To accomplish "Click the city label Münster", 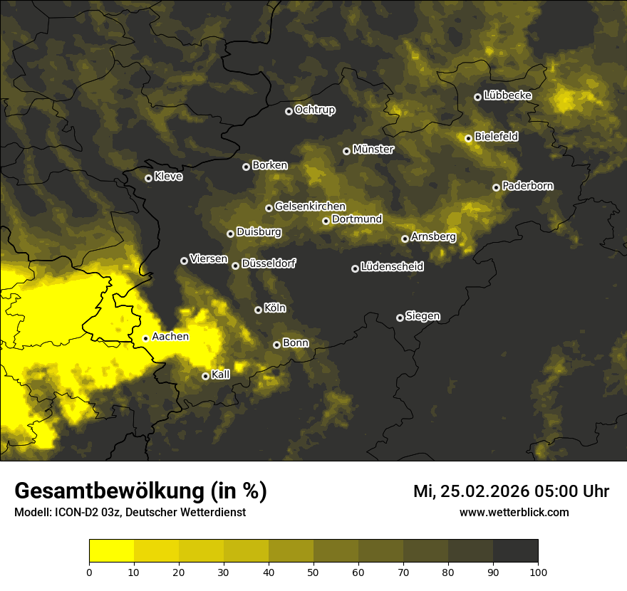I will [x=373, y=150].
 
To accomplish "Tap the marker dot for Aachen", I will [x=145, y=338].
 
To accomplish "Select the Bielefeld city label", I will [x=496, y=136].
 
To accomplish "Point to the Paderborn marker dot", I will [x=496, y=187].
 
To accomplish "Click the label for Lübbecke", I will [x=507, y=95].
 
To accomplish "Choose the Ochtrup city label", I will [x=314, y=110].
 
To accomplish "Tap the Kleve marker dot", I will [x=148, y=178].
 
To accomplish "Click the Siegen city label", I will [x=423, y=316].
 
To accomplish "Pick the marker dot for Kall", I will [x=205, y=376].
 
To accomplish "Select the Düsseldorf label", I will [x=269, y=263].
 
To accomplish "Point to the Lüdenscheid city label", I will [x=392, y=267].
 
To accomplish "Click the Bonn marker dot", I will [x=276, y=345].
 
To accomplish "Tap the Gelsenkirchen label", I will [x=310, y=206].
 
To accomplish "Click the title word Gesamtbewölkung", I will [x=106, y=491].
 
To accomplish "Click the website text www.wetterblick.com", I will [x=514, y=512].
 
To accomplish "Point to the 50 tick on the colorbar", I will [x=313, y=571].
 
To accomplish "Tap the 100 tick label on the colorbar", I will [x=538, y=571].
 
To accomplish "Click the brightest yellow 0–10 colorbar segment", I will [x=111, y=551].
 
